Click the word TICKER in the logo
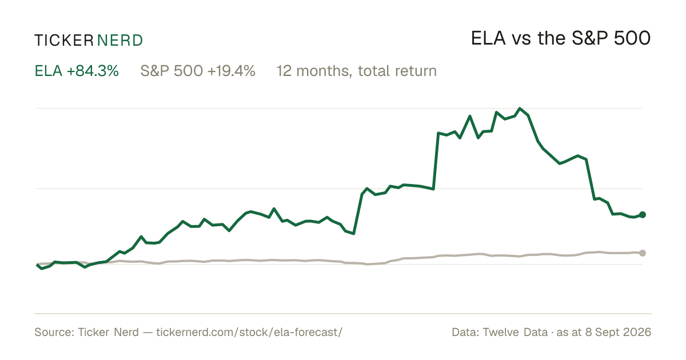click(x=63, y=41)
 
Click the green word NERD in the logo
click(x=119, y=41)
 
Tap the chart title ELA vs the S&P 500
click(x=561, y=38)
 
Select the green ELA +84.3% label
click(x=77, y=71)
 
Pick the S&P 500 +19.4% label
click(x=198, y=71)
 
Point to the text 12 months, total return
click(x=357, y=71)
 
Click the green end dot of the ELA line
click(x=643, y=215)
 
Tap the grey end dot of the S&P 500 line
click(x=643, y=253)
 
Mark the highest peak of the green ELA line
click(x=520, y=109)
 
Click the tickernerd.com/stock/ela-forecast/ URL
click(x=249, y=332)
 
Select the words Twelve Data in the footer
click(x=515, y=332)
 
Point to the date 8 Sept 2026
click(x=619, y=332)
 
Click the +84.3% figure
click(x=93, y=71)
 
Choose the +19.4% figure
click(x=231, y=71)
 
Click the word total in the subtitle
click(x=373, y=71)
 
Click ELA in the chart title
click(x=488, y=38)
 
